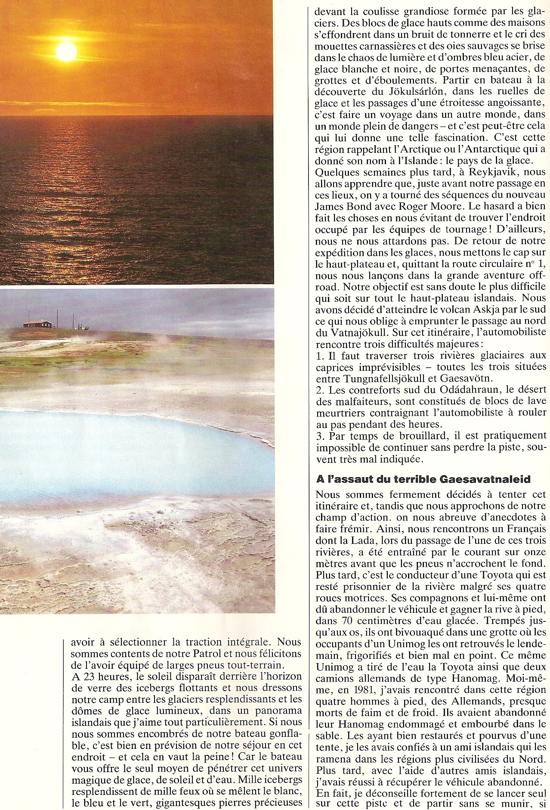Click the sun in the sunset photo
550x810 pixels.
[66, 52]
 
